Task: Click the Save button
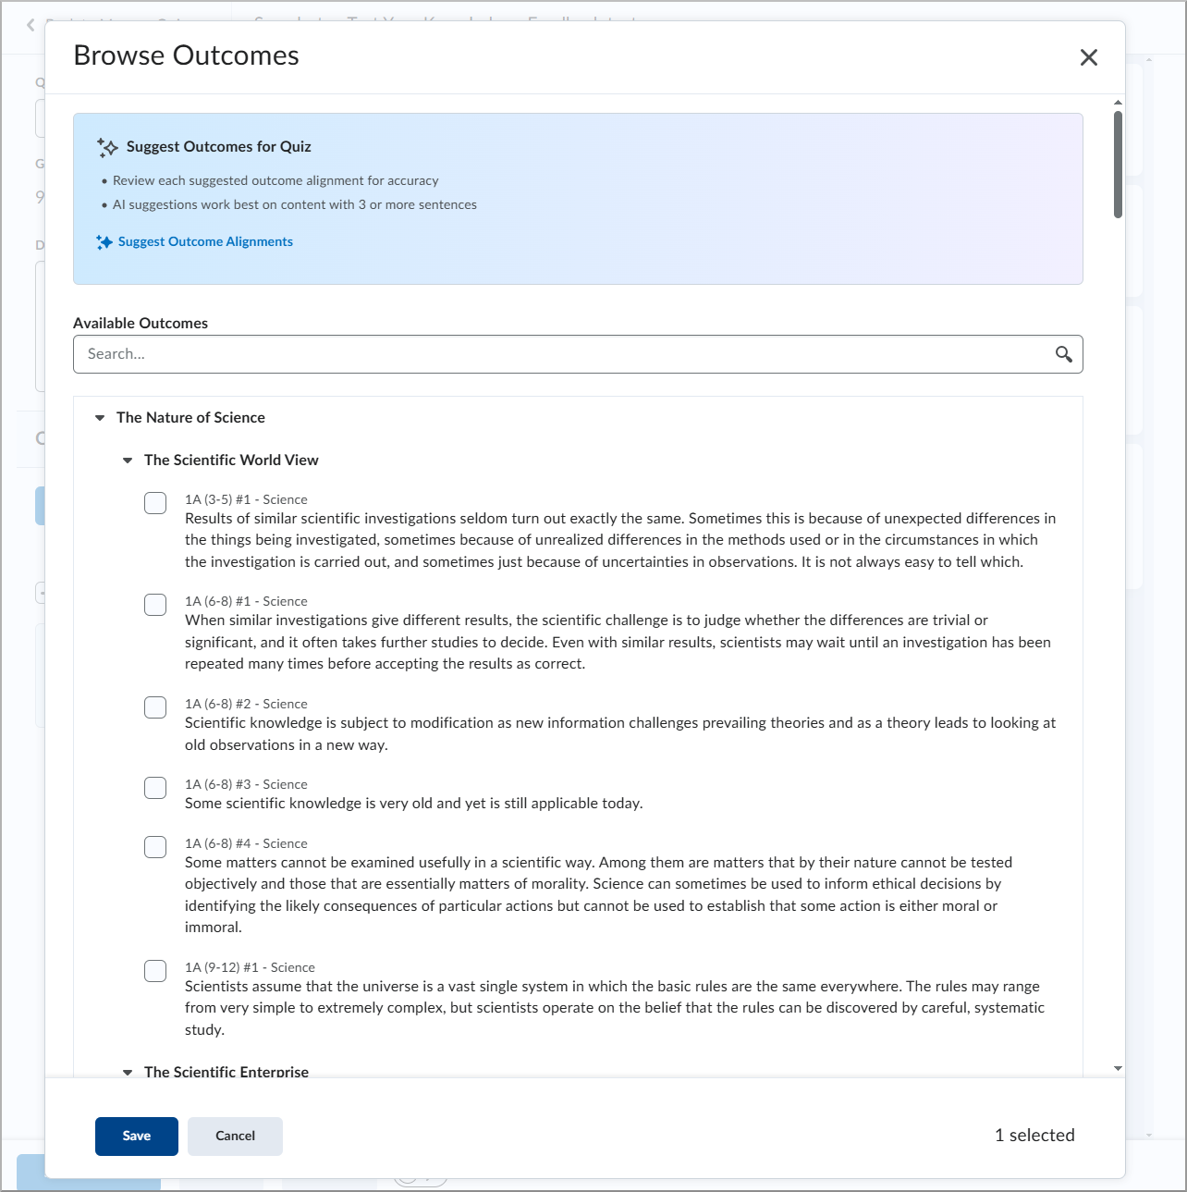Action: tap(136, 1136)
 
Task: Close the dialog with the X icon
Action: tap(1089, 57)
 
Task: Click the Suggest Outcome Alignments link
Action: tap(204, 241)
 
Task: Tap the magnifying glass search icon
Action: tap(1064, 354)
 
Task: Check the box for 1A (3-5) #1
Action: tap(155, 503)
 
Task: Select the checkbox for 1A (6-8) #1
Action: tap(155, 605)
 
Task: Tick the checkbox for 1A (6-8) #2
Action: tap(155, 707)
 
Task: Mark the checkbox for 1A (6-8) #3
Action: tap(155, 788)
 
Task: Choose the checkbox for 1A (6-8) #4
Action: tap(155, 847)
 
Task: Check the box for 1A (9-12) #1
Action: tap(155, 971)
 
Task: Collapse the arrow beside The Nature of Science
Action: tap(100, 418)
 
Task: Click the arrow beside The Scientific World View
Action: tap(128, 461)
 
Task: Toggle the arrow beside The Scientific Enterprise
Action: tap(128, 1072)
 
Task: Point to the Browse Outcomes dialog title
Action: tap(186, 55)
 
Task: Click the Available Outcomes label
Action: tap(141, 323)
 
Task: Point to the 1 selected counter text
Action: tap(1034, 1136)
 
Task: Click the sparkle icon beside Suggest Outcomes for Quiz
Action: tap(107, 147)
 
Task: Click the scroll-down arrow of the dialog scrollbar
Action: tap(1118, 1068)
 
